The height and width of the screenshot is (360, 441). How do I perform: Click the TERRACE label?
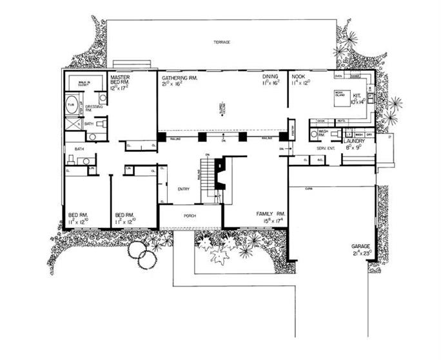223,43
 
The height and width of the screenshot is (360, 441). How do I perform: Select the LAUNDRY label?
355,140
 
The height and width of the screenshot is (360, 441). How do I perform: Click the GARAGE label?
360,247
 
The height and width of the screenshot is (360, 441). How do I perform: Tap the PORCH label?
190,216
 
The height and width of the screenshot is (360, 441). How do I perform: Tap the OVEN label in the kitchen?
338,75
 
